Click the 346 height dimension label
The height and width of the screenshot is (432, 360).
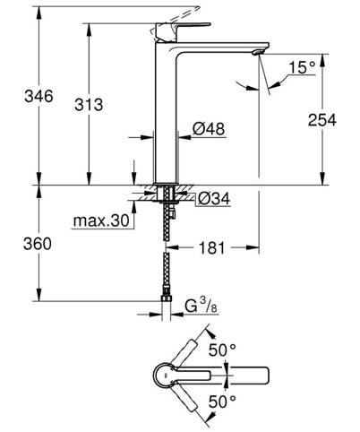coord(39,96)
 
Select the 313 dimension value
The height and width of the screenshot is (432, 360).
coord(89,105)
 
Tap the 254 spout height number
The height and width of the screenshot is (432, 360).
coord(322,120)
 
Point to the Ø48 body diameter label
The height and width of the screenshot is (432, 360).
coord(209,129)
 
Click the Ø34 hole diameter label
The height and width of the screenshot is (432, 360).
coord(214,198)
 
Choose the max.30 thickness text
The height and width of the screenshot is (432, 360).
coord(101,220)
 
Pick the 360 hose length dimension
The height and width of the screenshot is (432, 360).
coord(38,244)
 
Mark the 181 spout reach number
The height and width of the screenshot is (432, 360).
coord(211,247)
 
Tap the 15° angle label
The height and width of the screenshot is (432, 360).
coord(302,67)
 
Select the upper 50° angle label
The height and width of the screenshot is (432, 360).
coord(222,350)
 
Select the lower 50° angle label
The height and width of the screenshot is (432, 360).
coord(222,402)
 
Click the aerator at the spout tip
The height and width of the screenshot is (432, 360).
coord(258,52)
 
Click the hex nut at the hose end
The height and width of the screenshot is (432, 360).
coord(166,298)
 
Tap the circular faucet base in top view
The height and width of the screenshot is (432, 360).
coord(164,376)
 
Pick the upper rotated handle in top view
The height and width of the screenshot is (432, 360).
coord(185,353)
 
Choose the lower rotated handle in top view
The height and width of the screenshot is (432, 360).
coord(185,398)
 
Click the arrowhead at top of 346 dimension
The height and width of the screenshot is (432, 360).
coord(39,12)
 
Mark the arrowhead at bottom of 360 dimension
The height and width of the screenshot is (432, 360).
coord(39,295)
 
